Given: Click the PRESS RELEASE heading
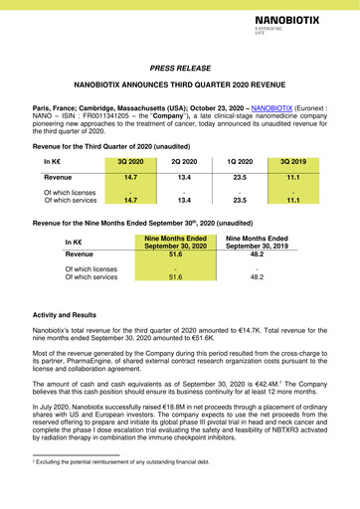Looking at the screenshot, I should [180, 71].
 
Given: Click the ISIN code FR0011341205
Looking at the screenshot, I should [99, 115].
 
